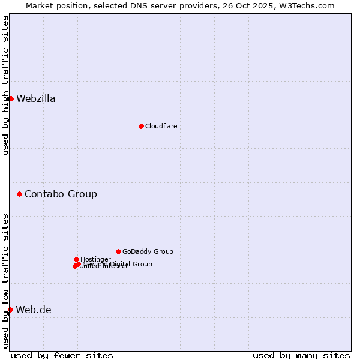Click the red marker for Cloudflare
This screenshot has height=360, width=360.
click(141, 126)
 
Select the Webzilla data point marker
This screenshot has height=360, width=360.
click(11, 98)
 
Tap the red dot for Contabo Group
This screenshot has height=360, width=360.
click(20, 194)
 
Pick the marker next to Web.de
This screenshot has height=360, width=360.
click(11, 310)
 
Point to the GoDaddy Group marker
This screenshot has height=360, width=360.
click(118, 251)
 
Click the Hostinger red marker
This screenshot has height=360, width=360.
click(76, 259)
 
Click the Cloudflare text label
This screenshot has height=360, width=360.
click(161, 126)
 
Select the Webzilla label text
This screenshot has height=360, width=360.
click(36, 99)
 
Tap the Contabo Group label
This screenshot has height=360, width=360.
click(61, 194)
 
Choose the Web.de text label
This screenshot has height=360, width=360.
click(34, 310)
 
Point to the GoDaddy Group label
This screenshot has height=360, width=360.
click(148, 251)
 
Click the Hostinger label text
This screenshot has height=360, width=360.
click(95, 259)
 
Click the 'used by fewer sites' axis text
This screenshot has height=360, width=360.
click(62, 355)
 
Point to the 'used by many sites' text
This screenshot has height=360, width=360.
click(301, 355)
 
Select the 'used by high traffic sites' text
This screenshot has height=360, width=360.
click(5, 85)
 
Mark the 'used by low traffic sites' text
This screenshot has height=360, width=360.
click(5, 281)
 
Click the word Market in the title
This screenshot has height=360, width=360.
click(40, 5)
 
